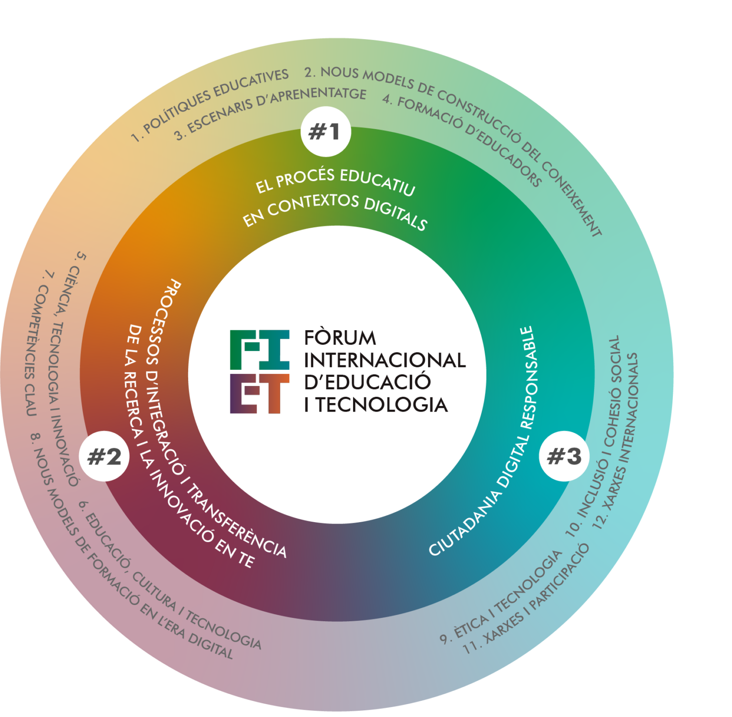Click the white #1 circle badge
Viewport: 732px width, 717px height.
326,131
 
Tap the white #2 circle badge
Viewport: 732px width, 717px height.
104,456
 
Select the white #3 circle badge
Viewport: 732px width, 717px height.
564,456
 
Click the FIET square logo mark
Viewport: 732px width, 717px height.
260,372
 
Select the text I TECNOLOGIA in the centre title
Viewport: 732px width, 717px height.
376,404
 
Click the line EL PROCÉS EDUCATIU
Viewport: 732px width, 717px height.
335,181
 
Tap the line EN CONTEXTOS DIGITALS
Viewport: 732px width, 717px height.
335,211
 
